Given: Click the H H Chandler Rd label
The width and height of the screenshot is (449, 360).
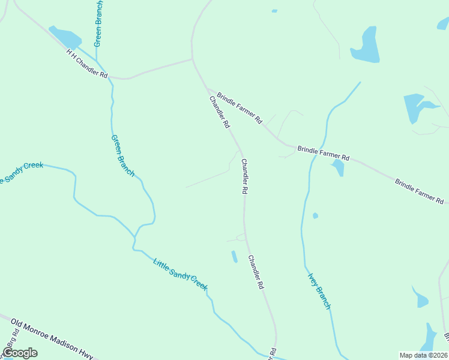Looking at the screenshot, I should [x=87, y=64].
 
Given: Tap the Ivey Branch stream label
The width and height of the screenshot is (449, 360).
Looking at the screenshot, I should [x=319, y=291].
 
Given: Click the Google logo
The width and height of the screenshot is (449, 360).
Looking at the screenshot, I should [x=20, y=352].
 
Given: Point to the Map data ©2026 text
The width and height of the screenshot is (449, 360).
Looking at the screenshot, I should [x=423, y=355].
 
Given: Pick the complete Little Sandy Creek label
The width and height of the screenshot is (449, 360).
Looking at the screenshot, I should [x=180, y=274].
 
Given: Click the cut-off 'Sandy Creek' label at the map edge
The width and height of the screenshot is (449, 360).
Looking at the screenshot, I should [x=22, y=170].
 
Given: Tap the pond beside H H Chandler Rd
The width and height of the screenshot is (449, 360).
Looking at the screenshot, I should [x=65, y=37].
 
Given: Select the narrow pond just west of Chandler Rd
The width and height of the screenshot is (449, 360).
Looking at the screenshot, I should [x=234, y=257].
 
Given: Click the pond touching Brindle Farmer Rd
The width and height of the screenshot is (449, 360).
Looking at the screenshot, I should [x=339, y=167].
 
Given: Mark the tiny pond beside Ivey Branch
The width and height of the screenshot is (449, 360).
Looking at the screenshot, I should [x=315, y=215].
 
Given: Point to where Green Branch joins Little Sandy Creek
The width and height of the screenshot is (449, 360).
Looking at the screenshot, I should [x=134, y=245].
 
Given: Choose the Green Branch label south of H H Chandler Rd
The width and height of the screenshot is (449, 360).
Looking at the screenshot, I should [x=123, y=155].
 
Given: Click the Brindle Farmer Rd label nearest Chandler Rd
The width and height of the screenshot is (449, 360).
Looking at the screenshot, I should [x=240, y=108].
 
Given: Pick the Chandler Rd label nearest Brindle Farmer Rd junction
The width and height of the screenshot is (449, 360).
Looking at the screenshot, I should [x=219, y=112].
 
